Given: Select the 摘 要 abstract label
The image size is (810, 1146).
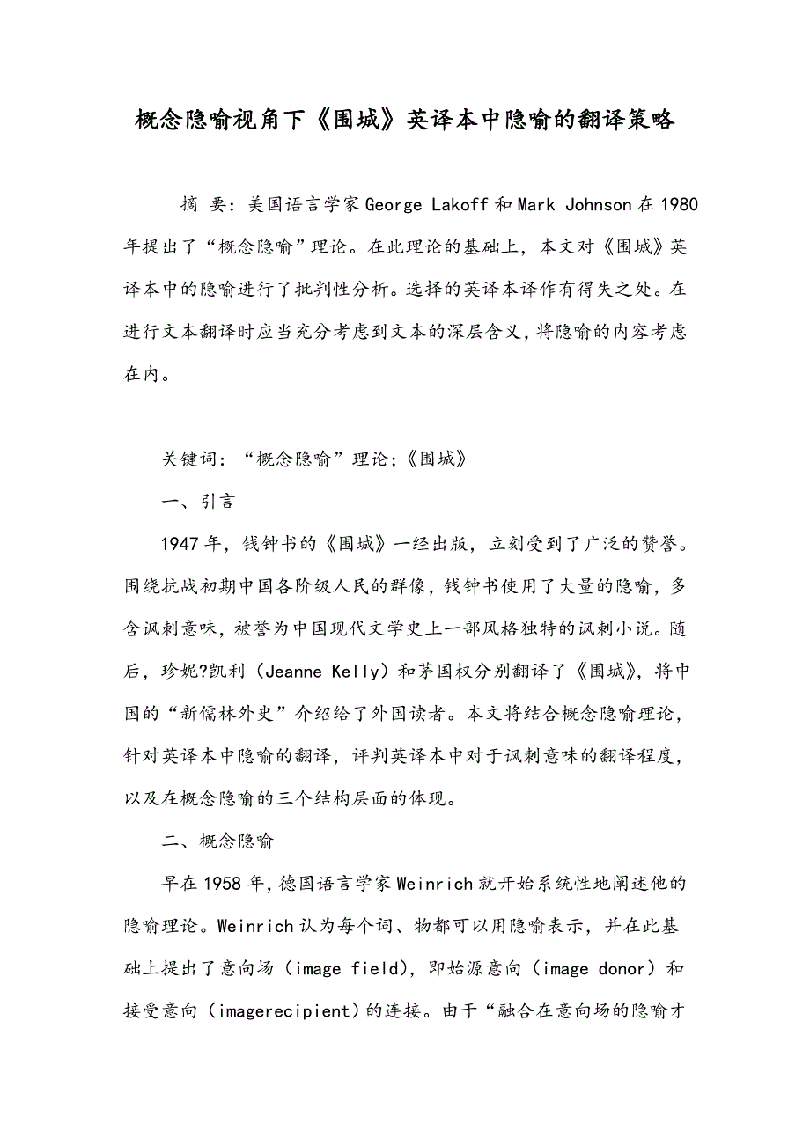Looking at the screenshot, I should point(202,205).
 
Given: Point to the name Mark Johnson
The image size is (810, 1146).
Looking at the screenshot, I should point(574,205).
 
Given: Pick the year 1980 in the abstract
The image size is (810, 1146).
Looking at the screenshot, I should point(679,205).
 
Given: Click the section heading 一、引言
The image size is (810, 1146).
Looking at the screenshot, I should point(198,502).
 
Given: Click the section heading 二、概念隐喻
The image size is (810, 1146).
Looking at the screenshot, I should point(217,841).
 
